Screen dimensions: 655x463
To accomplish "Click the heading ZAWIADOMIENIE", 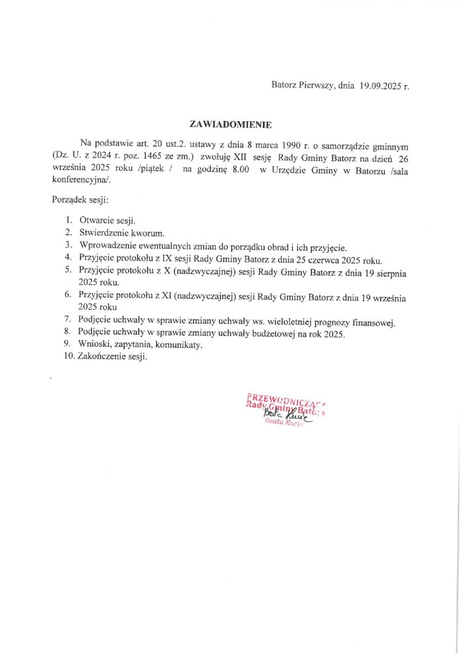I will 230,124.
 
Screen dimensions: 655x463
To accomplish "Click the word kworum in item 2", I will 143,232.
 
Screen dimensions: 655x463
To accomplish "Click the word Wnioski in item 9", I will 93,345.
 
